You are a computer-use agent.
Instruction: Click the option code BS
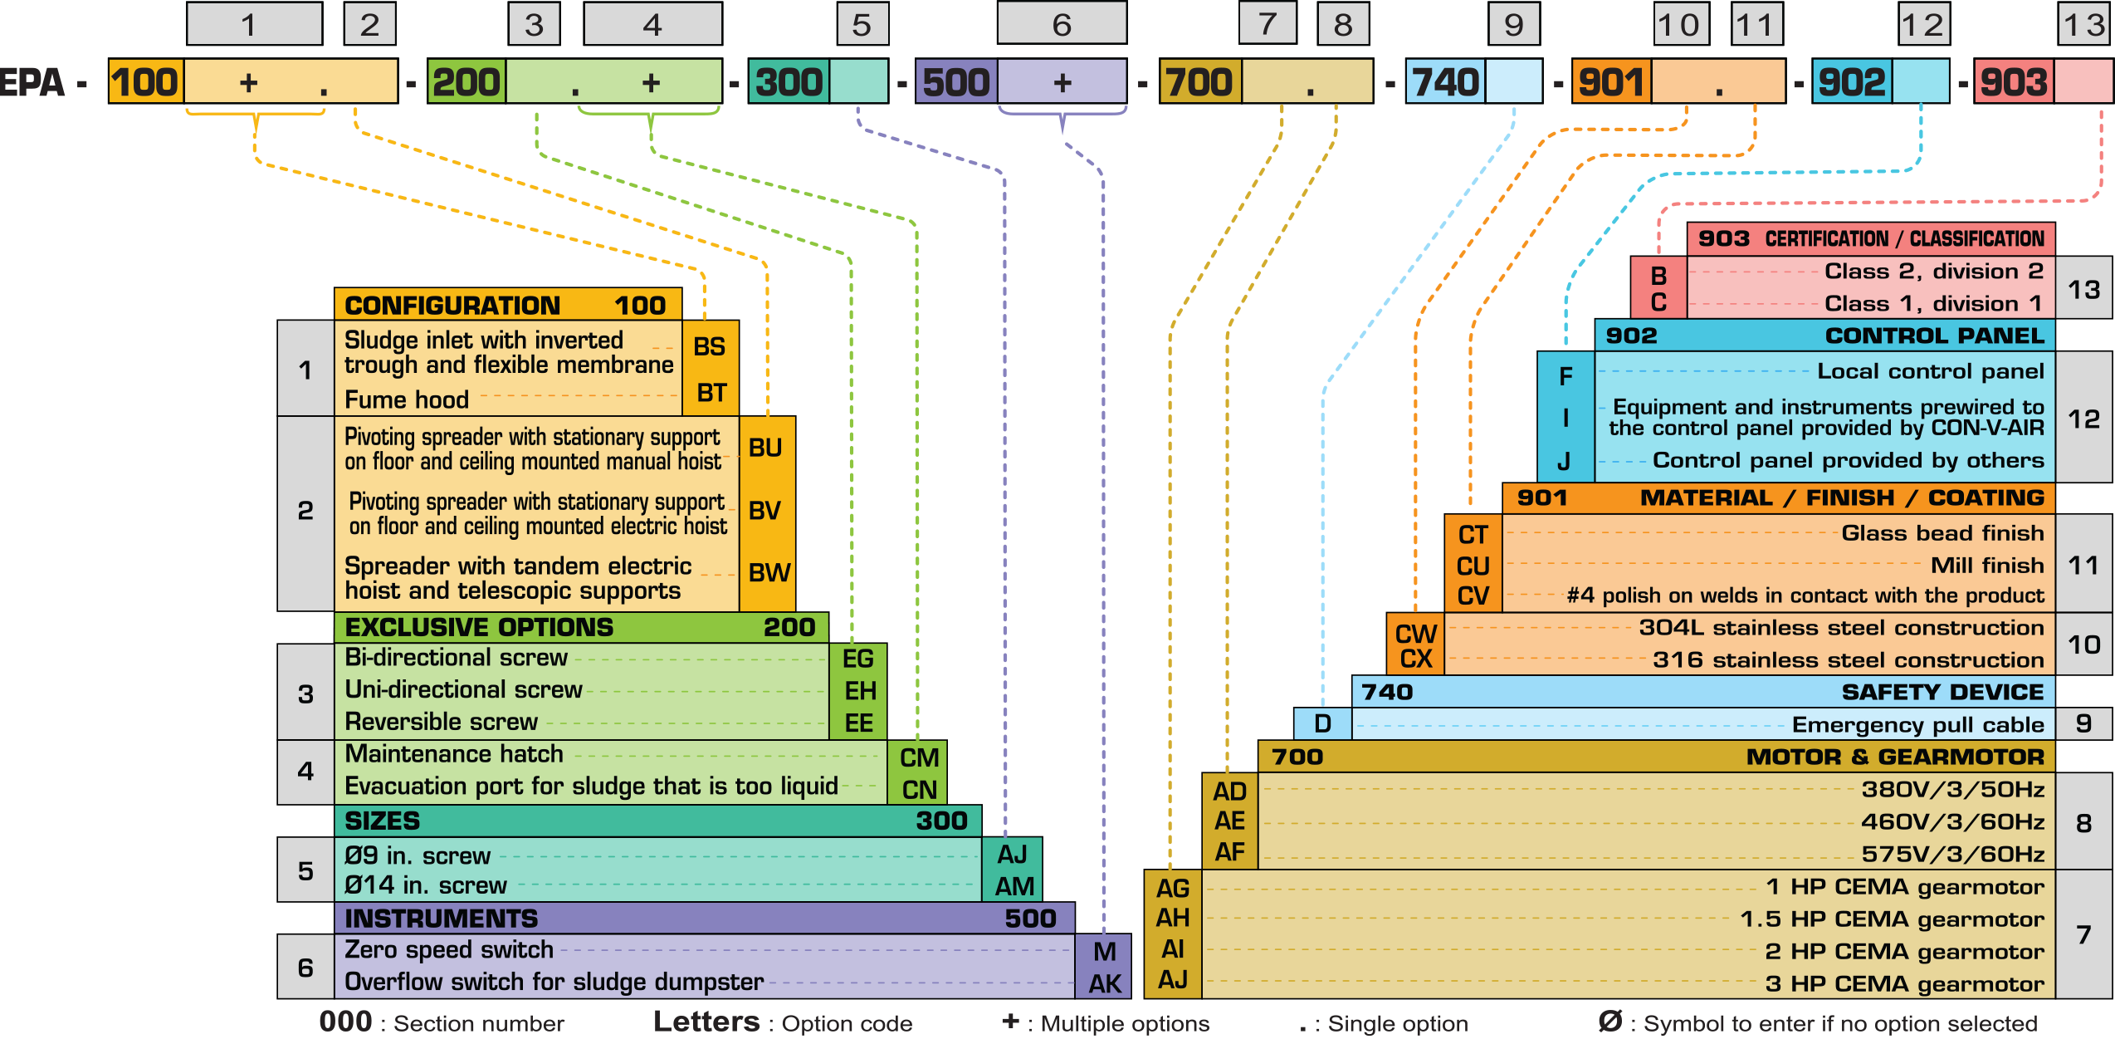710,346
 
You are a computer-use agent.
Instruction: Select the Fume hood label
407,399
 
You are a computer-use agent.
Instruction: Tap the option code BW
769,572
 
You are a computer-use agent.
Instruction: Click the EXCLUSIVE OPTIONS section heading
479,627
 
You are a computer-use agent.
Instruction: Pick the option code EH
860,690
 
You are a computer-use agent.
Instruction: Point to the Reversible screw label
441,722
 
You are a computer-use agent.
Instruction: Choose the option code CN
919,789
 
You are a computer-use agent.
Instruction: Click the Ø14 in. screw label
425,885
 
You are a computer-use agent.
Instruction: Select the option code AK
1105,983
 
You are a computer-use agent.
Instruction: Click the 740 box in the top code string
1445,81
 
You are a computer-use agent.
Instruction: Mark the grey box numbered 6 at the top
1062,24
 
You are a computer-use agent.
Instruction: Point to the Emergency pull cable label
1917,724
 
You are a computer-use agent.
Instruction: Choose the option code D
1322,723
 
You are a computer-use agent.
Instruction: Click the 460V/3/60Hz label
1952,821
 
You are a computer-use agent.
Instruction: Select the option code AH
1172,918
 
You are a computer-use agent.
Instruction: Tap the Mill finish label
1987,565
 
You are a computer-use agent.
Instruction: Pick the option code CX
1415,659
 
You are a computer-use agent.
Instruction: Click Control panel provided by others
1848,460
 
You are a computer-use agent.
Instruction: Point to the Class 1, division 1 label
1932,303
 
